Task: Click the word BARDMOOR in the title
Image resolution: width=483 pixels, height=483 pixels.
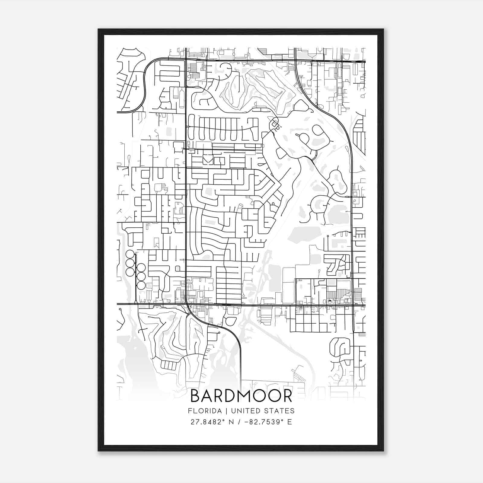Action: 241,396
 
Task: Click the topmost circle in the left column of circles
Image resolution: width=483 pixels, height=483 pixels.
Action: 130,254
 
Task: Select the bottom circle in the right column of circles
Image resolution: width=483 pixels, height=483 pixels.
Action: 141,285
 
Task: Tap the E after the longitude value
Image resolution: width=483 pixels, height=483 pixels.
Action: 289,422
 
